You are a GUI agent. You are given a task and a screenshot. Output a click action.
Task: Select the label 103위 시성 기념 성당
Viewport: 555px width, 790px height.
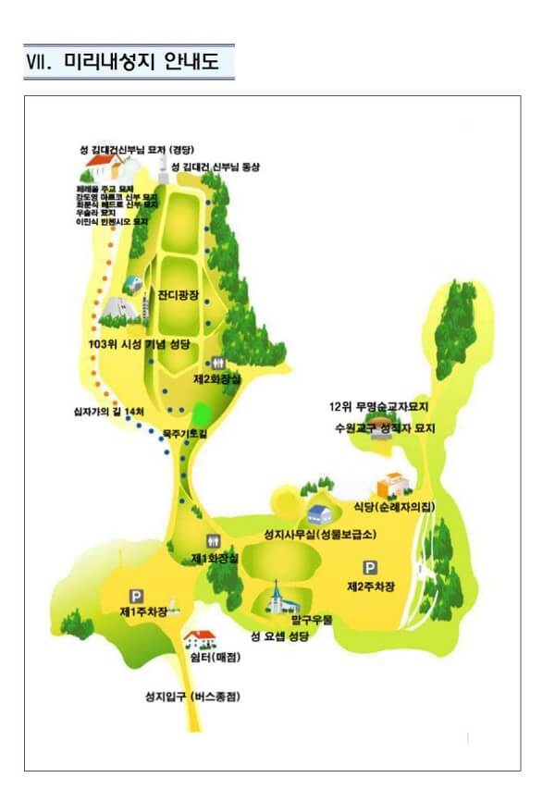click(x=149, y=344)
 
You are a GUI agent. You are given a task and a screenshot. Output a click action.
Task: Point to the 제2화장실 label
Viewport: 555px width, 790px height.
click(x=216, y=378)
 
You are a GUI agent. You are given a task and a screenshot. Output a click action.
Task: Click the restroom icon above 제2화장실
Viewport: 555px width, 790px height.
click(x=218, y=363)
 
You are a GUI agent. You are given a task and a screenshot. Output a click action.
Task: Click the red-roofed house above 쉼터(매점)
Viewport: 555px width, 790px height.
click(x=201, y=637)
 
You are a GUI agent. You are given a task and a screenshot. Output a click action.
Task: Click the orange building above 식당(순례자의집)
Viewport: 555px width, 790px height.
click(x=388, y=484)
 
